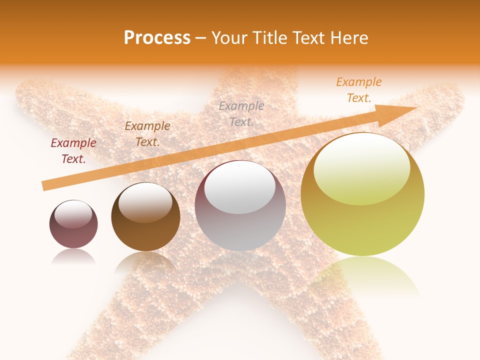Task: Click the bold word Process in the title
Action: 157,38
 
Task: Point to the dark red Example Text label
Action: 73,151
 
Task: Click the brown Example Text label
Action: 147,134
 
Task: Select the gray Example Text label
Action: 241,113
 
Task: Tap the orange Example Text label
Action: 359,90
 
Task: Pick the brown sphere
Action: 145,220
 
